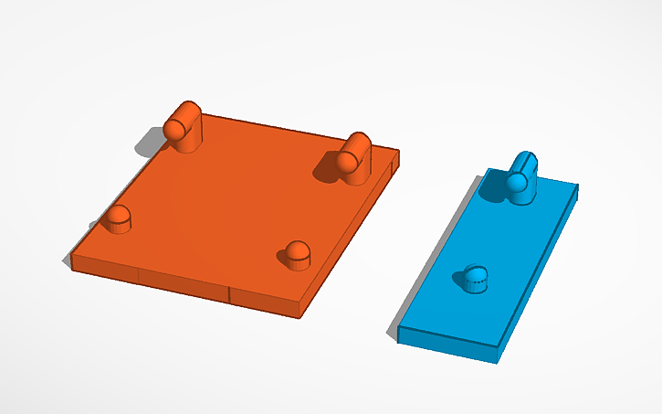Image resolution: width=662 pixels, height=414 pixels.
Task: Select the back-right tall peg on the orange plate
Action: click(x=353, y=157)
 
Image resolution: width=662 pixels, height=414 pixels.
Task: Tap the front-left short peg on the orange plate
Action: click(x=117, y=218)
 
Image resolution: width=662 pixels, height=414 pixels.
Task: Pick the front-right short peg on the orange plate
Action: click(x=297, y=254)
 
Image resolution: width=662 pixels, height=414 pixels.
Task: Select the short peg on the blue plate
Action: click(x=475, y=278)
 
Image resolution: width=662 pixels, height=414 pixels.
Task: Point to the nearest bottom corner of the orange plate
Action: click(x=303, y=317)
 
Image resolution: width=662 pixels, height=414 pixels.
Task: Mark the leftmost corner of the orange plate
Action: click(x=71, y=262)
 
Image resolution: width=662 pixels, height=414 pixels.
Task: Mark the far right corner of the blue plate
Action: click(x=578, y=186)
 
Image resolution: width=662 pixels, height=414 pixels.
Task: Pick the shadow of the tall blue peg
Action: click(x=493, y=188)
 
